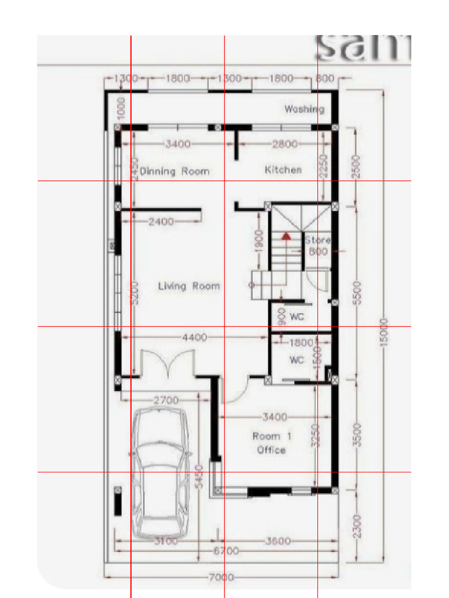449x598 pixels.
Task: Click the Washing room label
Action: click(x=304, y=109)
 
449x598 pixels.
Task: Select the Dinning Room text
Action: click(x=174, y=172)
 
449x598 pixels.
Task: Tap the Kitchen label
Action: click(x=284, y=170)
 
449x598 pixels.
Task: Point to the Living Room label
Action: click(x=189, y=286)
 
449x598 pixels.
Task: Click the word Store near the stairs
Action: click(x=317, y=240)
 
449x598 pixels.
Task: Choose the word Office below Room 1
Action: click(x=271, y=450)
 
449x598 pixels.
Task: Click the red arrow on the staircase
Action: click(x=286, y=237)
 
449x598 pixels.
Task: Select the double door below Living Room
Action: click(x=168, y=365)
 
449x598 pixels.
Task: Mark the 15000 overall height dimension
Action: click(x=384, y=333)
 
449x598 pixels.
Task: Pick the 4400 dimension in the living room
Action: click(x=195, y=338)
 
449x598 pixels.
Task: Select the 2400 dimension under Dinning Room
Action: click(x=161, y=222)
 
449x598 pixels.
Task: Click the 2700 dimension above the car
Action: click(x=166, y=401)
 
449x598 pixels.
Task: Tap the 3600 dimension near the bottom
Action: click(x=278, y=541)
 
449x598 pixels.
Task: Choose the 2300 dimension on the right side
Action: click(x=358, y=526)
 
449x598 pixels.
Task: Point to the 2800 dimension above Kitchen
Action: click(x=285, y=144)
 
